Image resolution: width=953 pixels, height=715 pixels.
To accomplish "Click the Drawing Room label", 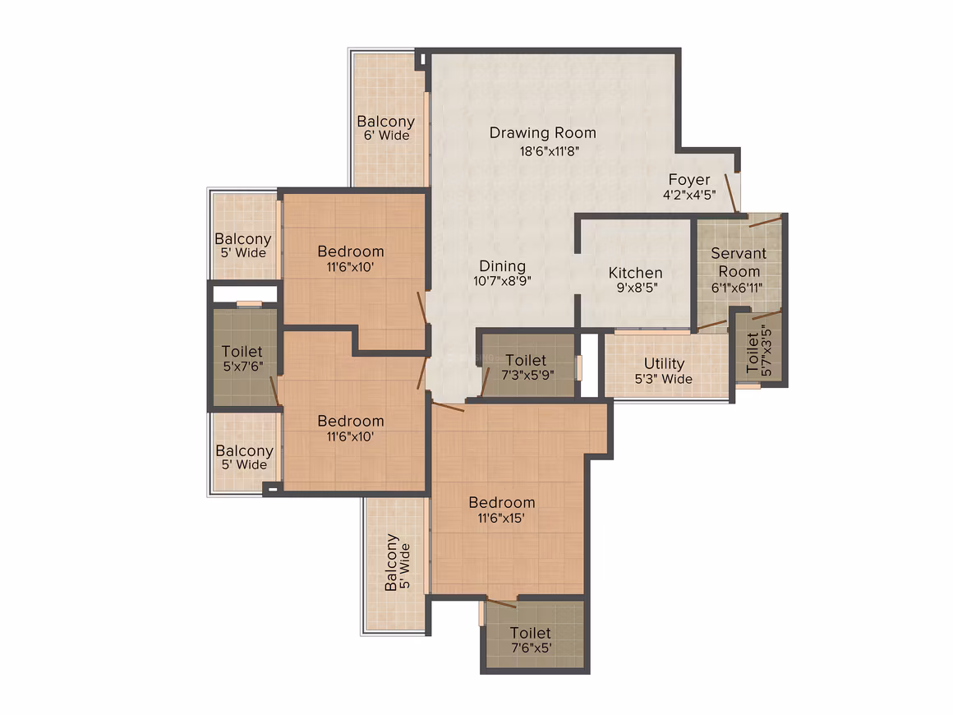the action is pos(543,132).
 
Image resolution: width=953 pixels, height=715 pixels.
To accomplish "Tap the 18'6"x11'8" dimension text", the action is pos(550,150).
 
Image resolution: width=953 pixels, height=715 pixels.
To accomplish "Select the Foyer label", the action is pos(689,180).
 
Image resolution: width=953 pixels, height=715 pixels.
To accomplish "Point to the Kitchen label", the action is pos(636,273).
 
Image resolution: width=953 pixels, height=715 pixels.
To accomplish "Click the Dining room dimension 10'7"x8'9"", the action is pos(502,281).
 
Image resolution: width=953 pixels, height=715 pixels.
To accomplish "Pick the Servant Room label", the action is pos(739,262).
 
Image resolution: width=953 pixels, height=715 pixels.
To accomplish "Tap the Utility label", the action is pos(665,363).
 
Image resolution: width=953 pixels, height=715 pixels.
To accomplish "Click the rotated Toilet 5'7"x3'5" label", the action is pos(759,353).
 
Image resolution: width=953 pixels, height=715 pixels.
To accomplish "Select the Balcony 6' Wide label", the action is pos(386,127).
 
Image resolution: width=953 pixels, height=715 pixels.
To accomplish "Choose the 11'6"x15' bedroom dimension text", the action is pos(501,518).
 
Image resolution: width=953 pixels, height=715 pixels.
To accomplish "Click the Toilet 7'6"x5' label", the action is pos(531,640).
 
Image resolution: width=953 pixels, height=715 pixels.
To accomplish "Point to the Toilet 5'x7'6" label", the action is pos(242,358).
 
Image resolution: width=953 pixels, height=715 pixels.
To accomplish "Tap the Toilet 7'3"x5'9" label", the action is pos(527,367).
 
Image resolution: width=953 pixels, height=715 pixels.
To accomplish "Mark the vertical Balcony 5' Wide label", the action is pos(398,562).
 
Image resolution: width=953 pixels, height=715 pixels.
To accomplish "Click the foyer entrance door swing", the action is pos(731,193).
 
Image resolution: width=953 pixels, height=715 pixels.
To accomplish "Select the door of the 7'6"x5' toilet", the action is pos(501,603).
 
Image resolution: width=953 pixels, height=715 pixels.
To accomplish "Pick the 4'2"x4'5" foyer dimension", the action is pos(689,195).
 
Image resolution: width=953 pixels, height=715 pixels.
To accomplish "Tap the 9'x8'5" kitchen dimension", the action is pos(637,288).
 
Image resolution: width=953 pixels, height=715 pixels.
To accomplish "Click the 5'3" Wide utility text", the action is pos(664,380).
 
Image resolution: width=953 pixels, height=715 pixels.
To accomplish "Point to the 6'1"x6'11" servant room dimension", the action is pos(737,288).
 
